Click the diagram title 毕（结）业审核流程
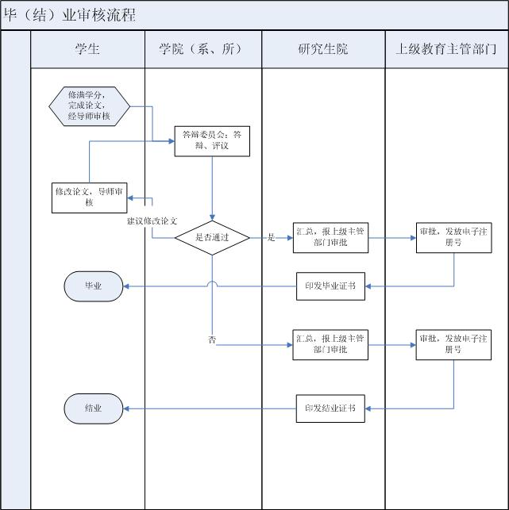(70, 15)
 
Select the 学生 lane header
(87, 49)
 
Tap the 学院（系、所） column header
(203, 49)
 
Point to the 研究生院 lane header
(322, 49)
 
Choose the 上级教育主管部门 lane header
(446, 49)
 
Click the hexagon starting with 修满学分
(89, 105)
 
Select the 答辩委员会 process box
(212, 140)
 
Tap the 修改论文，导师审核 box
(89, 197)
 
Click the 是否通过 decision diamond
(212, 237)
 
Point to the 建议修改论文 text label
(152, 220)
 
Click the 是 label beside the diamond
(271, 237)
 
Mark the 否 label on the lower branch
(212, 339)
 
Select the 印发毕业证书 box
(330, 286)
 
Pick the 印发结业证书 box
(330, 408)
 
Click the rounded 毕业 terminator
(93, 286)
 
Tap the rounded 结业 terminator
(93, 408)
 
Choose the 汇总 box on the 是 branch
(330, 237)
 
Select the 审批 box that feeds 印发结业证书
(453, 344)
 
